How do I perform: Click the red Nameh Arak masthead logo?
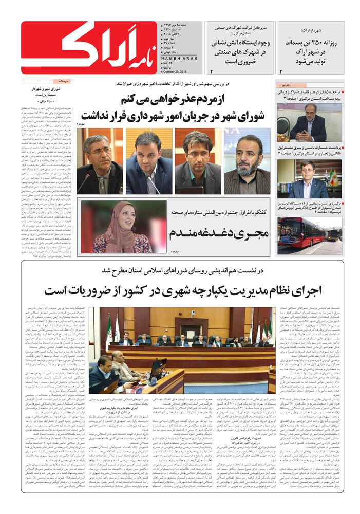86,47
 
